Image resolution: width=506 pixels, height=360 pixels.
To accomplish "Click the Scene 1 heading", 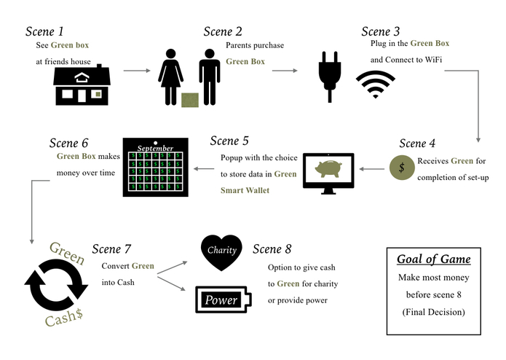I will (x=45, y=31).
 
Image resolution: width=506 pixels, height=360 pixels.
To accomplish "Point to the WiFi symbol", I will (x=376, y=85).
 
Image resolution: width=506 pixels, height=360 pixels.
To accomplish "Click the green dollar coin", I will (x=400, y=168).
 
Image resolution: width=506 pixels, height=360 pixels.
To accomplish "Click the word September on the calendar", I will (x=155, y=148).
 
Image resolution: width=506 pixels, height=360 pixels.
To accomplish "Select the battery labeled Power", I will (x=224, y=300).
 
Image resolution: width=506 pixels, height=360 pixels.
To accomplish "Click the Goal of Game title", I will (x=433, y=259).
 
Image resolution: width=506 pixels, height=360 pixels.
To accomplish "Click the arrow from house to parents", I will (x=135, y=71).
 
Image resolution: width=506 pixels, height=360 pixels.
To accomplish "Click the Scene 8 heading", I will (x=277, y=250).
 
